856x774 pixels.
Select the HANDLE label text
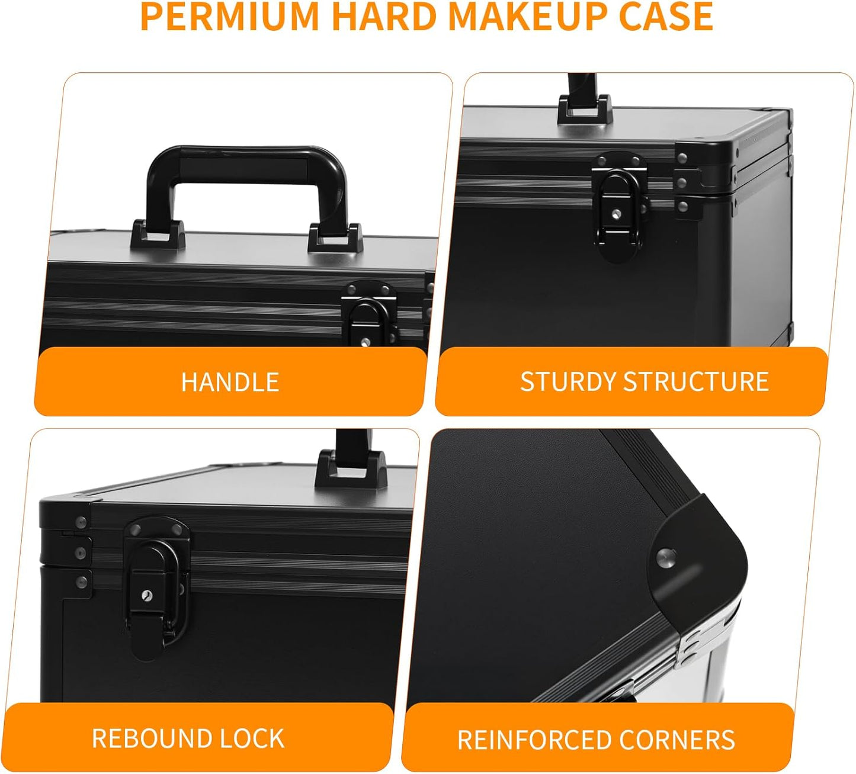click(230, 382)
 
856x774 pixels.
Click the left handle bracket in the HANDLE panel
click(158, 235)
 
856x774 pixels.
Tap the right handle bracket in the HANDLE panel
click(335, 237)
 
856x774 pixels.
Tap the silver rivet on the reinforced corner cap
click(666, 557)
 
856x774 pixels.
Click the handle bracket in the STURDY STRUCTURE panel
click(585, 110)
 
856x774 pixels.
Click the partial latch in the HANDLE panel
click(368, 317)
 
